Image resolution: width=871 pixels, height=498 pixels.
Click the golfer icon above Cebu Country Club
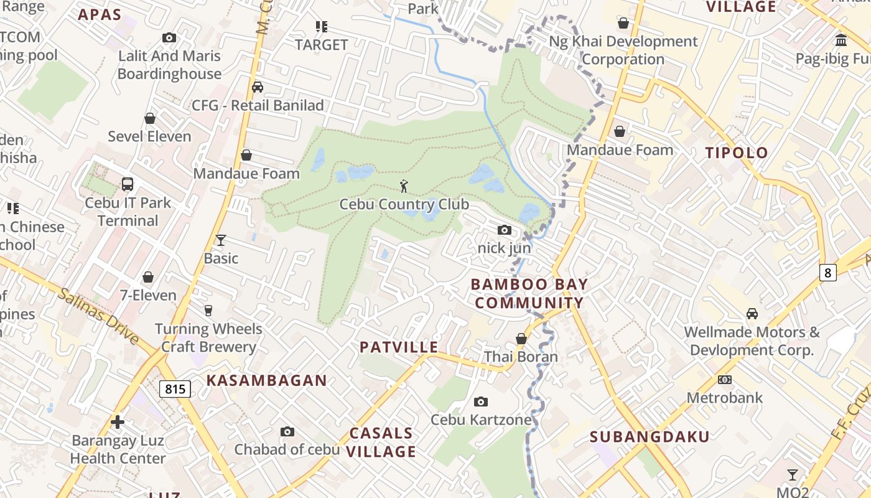click(x=404, y=186)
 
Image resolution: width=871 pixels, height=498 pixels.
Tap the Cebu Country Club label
click(x=404, y=204)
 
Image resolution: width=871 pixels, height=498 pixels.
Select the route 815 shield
click(x=175, y=389)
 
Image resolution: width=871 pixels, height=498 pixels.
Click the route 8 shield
click(x=827, y=272)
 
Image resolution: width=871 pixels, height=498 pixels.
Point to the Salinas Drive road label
click(x=99, y=316)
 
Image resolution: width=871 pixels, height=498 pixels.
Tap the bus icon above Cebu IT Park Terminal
click(x=128, y=184)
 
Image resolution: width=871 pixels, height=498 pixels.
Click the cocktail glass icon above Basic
click(x=220, y=240)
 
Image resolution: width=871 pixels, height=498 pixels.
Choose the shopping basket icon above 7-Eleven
click(x=148, y=277)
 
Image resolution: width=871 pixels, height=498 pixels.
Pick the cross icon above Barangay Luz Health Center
click(x=118, y=422)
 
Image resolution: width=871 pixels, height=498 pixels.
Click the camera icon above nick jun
click(x=505, y=230)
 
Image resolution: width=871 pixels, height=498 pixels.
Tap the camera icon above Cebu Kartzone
click(x=481, y=402)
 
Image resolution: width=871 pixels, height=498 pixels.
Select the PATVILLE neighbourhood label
click(x=399, y=347)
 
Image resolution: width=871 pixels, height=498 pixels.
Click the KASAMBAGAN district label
click(x=266, y=380)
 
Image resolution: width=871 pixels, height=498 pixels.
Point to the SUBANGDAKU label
click(x=650, y=436)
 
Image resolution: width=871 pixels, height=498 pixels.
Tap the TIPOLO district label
click(x=737, y=153)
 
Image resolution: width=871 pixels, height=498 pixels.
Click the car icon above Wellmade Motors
click(x=752, y=314)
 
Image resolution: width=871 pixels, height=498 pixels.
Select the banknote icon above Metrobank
click(x=725, y=380)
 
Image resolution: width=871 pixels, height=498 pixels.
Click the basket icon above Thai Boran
click(x=521, y=339)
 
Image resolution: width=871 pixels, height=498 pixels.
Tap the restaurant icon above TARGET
click(x=321, y=27)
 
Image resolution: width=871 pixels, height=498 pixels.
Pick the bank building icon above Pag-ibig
click(x=841, y=40)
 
